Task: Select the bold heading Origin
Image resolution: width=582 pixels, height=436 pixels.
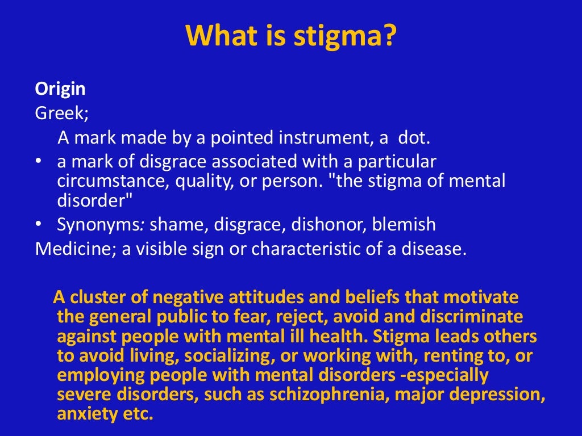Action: pos(60,89)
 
